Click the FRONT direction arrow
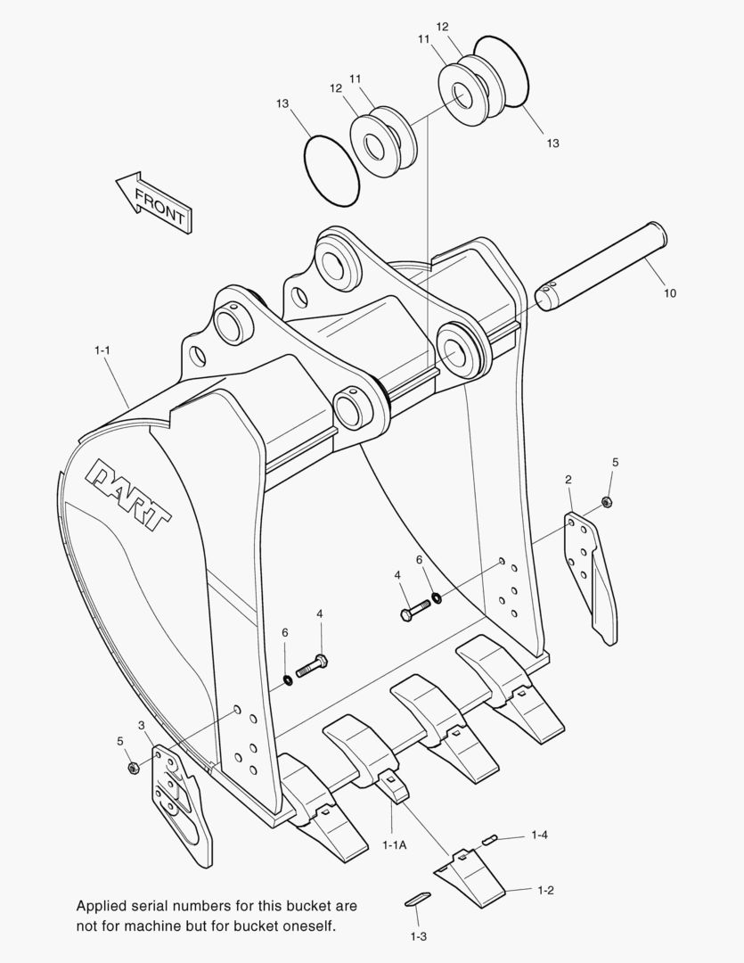[x=154, y=202]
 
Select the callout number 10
[x=669, y=292]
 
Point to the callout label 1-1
[x=102, y=350]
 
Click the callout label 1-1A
[x=394, y=844]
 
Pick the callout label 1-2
[x=545, y=890]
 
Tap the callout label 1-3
[x=418, y=936]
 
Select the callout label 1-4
[x=539, y=835]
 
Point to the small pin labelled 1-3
[x=418, y=899]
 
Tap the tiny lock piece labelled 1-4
[x=491, y=838]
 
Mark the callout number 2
[x=568, y=480]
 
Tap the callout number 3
[x=142, y=725]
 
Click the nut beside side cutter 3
[x=133, y=768]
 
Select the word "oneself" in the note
[x=308, y=926]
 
